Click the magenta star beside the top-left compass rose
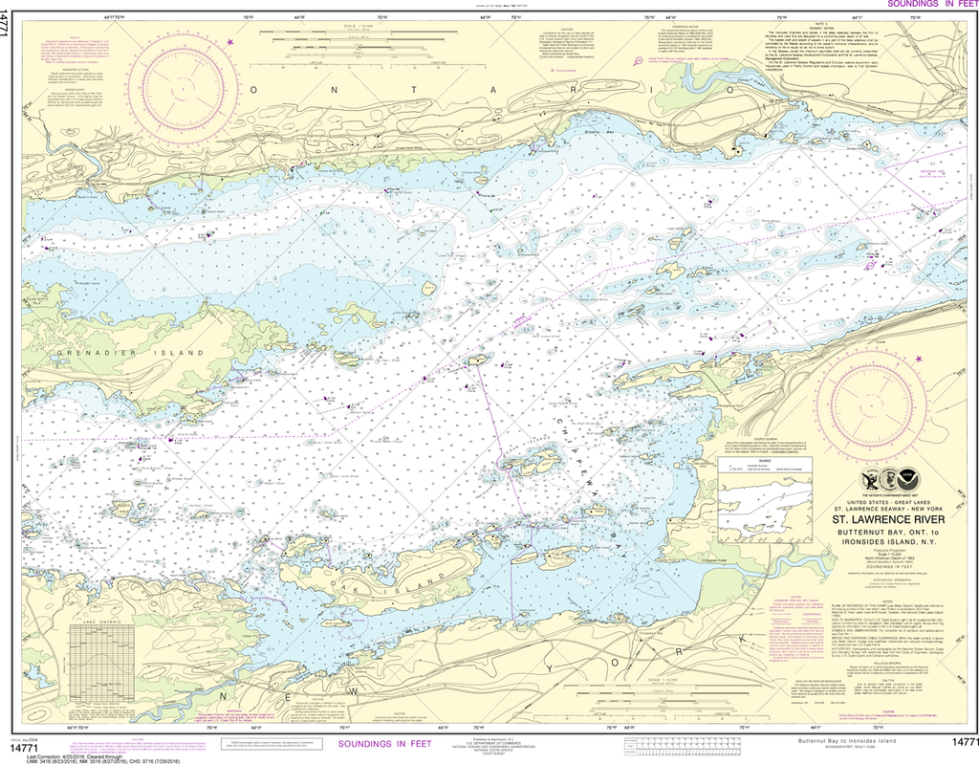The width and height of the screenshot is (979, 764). pos(230,42)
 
